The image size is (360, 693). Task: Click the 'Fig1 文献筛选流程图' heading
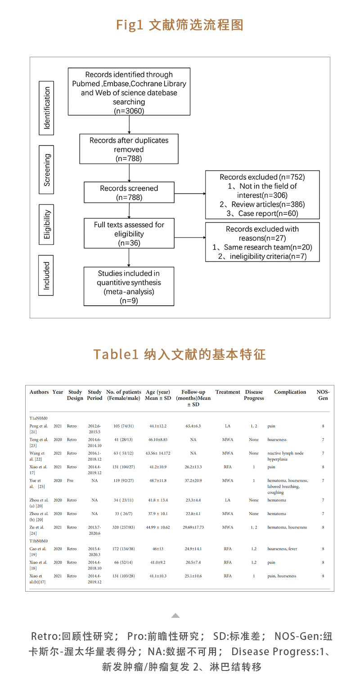[x=180, y=25]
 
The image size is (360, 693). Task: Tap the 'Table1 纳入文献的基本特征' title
[x=180, y=354]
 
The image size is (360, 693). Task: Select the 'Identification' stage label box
[x=47, y=108]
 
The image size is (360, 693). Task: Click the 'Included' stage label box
[x=47, y=275]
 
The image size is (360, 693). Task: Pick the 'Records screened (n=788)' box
[x=129, y=193]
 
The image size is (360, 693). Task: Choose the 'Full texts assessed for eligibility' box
[x=129, y=234]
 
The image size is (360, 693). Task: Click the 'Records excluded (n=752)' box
[x=262, y=195]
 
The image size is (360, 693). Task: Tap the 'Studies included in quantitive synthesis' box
[x=129, y=287]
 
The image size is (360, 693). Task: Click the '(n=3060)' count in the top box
[x=129, y=111]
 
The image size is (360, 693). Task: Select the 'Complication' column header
[x=290, y=392]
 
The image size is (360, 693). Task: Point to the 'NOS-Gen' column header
[x=323, y=395]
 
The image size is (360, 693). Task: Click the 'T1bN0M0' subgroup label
[x=39, y=541]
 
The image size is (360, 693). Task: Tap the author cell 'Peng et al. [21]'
[x=39, y=429]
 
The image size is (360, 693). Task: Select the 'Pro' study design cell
[x=70, y=480]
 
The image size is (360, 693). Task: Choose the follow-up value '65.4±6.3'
[x=193, y=426]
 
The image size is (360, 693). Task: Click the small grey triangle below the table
[x=175, y=616]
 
